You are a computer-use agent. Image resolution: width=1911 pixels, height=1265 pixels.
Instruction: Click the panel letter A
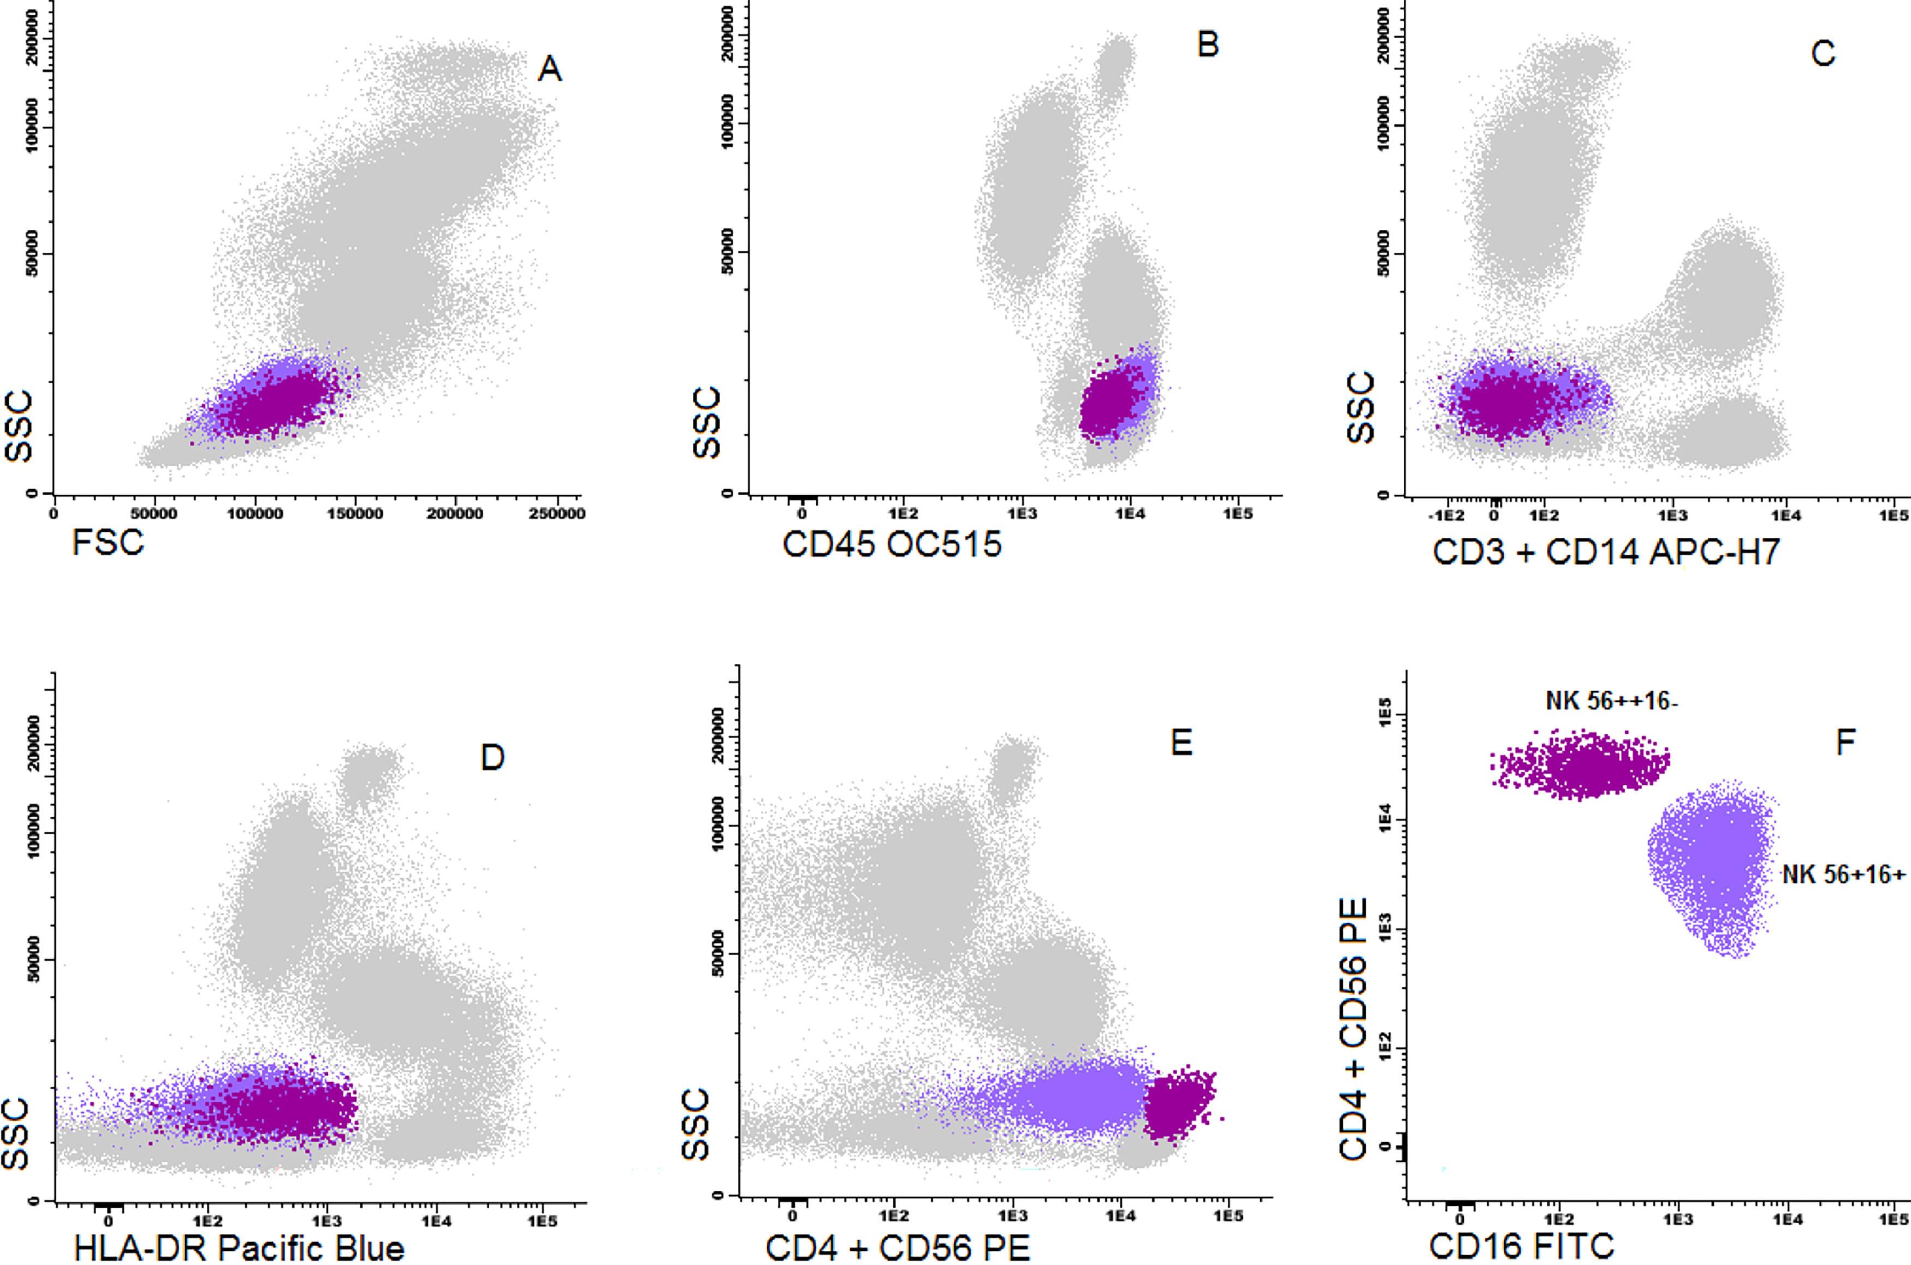click(549, 70)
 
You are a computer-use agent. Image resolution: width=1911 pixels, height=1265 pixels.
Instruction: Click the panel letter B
click(1208, 45)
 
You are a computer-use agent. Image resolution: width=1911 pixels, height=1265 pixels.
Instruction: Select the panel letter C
click(1823, 54)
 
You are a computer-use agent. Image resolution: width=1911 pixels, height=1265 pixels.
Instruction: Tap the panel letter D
click(492, 758)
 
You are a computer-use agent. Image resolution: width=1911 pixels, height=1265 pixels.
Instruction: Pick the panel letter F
click(1845, 742)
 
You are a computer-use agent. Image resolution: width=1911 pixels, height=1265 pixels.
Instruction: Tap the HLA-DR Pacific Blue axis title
click(239, 1248)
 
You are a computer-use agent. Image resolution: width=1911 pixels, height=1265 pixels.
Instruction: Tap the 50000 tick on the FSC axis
click(154, 514)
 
